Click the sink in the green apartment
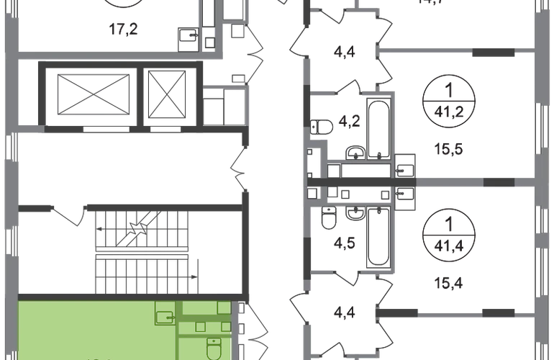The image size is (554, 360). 165,317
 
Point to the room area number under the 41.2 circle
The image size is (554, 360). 448,150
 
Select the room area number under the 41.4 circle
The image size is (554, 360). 448,284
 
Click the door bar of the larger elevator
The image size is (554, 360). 89,130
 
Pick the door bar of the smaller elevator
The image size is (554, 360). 171,130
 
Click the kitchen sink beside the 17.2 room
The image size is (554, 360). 187,39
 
